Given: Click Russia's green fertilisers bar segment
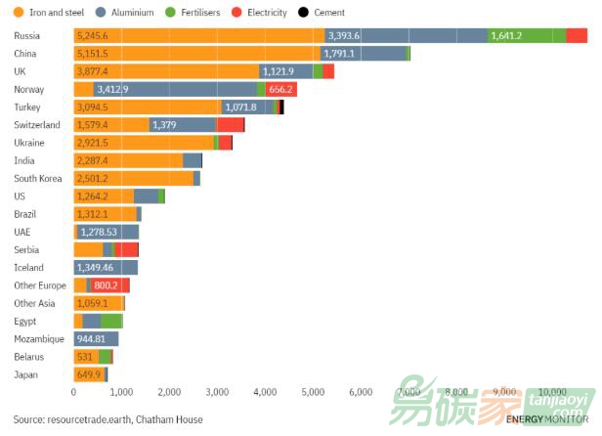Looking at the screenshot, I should pyautogui.click(x=526, y=35).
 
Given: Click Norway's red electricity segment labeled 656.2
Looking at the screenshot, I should pyautogui.click(x=280, y=89).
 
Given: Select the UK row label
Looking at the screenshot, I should pyautogui.click(x=20, y=71).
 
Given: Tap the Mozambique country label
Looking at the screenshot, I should pyautogui.click(x=38, y=339).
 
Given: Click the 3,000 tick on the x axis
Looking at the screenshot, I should pyautogui.click(x=217, y=392).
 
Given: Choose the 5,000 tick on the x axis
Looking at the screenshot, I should pyautogui.click(x=313, y=392).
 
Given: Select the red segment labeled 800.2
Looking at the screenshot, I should pyautogui.click(x=107, y=285).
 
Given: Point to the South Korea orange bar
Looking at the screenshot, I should pyautogui.click(x=133, y=179).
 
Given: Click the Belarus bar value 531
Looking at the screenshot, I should pyautogui.click(x=85, y=357).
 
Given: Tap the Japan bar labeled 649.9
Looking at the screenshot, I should pyautogui.click(x=90, y=374).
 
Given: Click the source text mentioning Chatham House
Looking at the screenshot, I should pyautogui.click(x=108, y=419).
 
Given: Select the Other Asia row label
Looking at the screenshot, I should pyautogui.click(x=35, y=303).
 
